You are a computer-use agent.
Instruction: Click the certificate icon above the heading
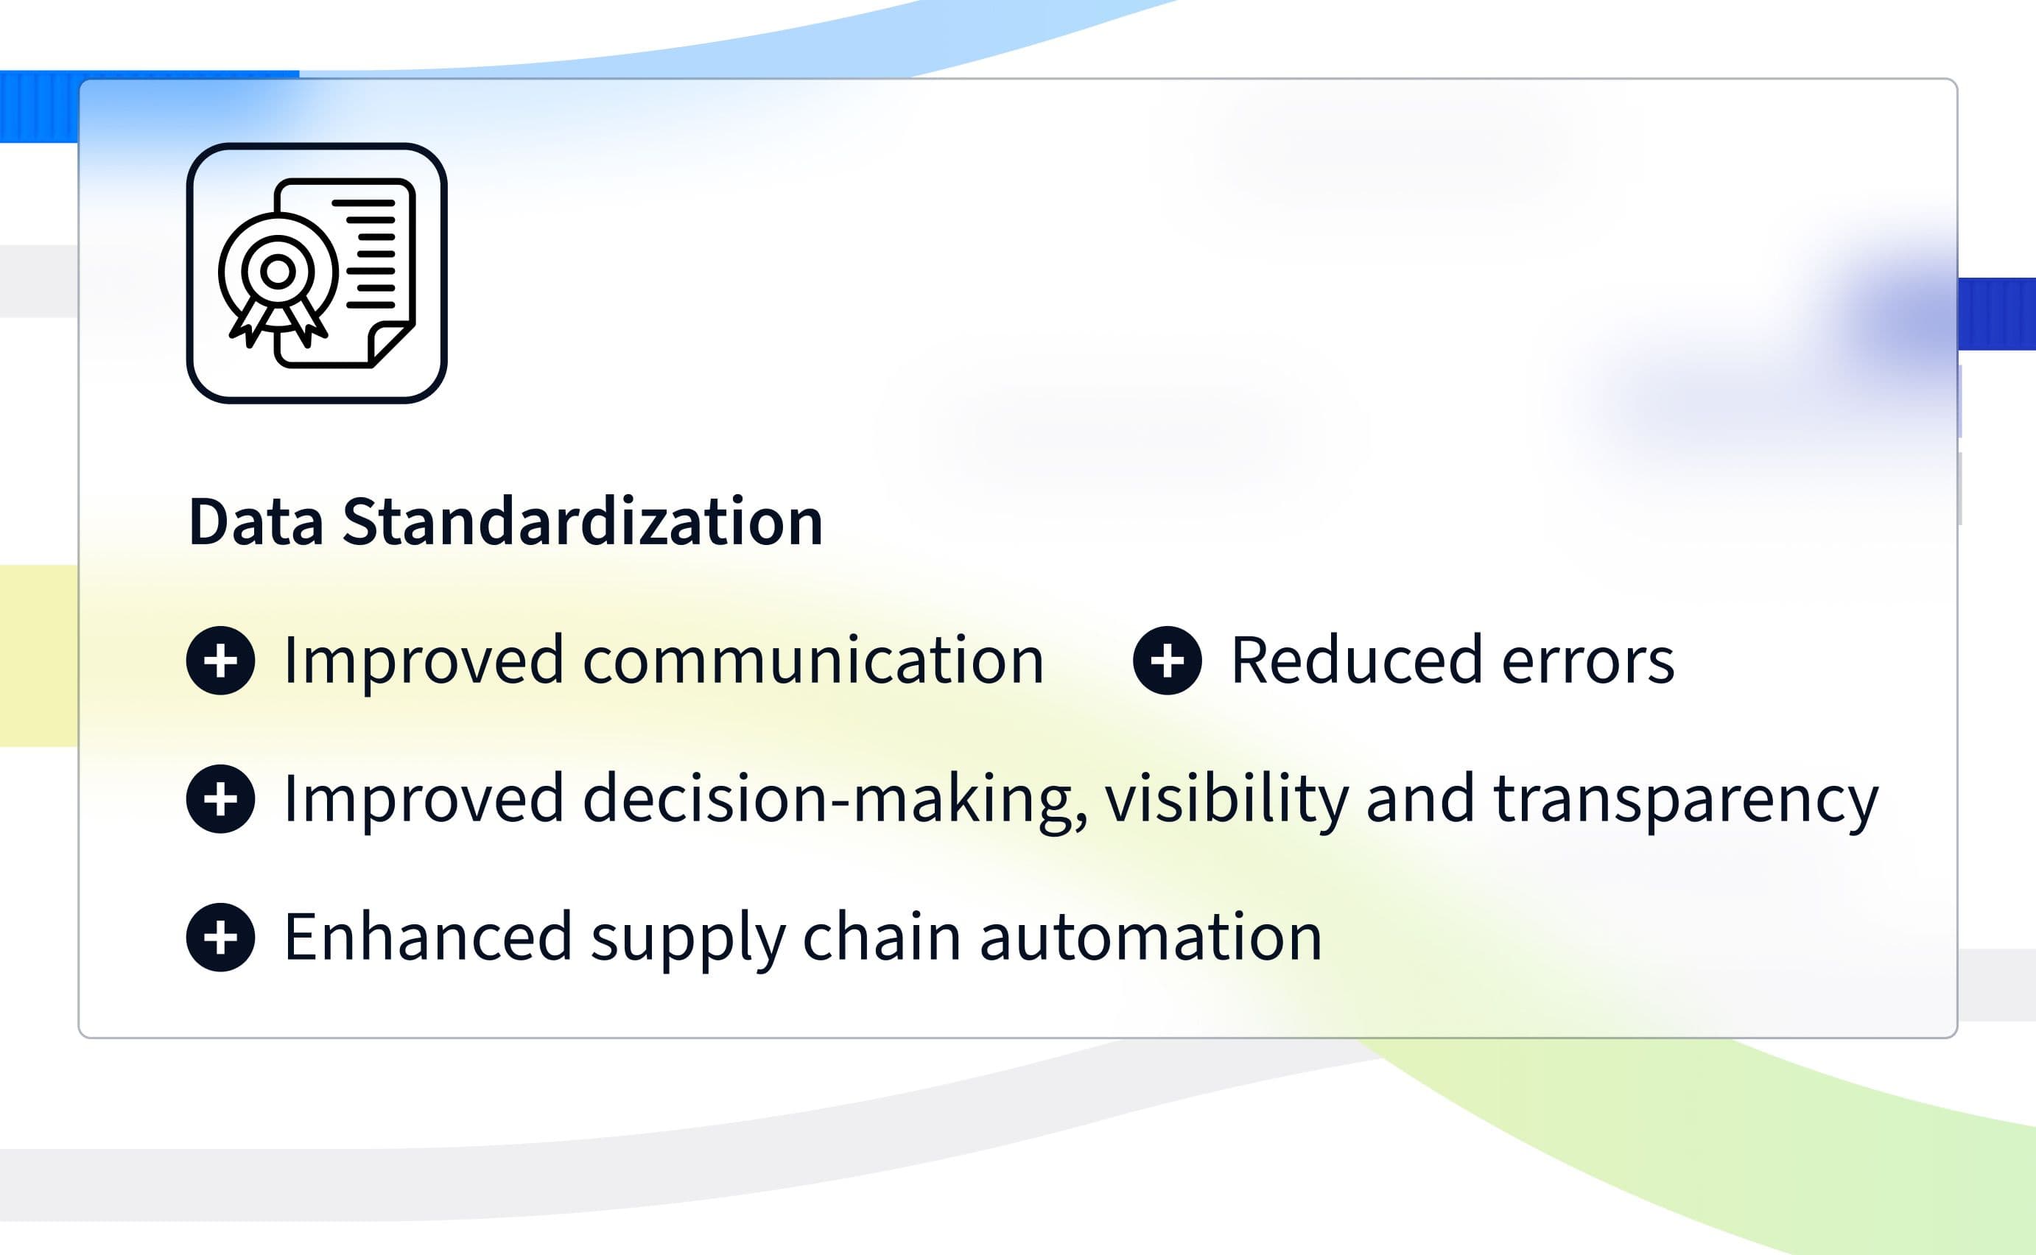316,273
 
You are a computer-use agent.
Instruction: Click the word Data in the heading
256,522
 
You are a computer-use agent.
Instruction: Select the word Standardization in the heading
582,522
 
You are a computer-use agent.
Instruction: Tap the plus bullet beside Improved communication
221,661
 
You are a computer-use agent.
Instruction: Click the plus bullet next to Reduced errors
1167,661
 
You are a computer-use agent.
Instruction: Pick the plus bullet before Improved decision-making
221,799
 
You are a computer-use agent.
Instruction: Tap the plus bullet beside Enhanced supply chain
221,938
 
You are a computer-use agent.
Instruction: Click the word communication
813,661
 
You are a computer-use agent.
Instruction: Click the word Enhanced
428,937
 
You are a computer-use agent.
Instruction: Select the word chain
882,937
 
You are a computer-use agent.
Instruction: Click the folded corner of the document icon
390,344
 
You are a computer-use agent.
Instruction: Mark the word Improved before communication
424,661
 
